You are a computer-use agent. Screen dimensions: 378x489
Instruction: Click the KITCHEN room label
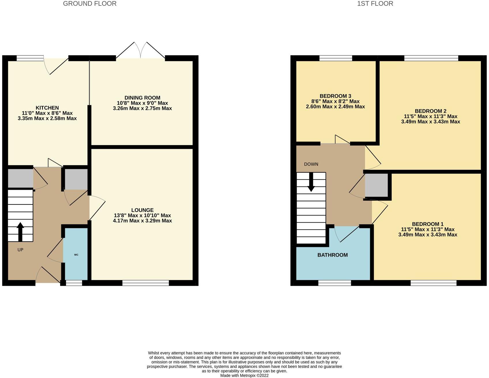coord(47,108)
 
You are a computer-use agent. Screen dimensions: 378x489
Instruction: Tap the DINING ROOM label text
coord(142,98)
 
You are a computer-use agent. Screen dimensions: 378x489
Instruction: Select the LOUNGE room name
coord(142,210)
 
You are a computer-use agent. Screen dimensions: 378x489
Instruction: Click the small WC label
coord(76,255)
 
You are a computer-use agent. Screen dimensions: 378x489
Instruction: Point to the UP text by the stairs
coord(20,250)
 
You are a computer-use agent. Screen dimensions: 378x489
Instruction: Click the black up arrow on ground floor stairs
coord(20,232)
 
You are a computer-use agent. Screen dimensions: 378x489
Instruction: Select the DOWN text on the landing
coord(311,164)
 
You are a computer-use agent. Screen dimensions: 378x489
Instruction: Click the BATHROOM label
coord(332,255)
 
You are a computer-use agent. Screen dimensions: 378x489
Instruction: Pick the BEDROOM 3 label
coord(335,96)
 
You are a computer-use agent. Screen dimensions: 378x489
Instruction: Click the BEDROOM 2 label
coord(430,111)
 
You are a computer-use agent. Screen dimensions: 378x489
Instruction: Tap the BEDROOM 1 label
coord(428,224)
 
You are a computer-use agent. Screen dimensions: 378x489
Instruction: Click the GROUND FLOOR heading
coord(90,4)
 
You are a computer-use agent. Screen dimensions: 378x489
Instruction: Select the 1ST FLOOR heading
coord(375,4)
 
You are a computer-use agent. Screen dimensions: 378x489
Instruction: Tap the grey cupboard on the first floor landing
coord(376,185)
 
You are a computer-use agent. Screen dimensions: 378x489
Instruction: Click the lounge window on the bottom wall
coord(145,283)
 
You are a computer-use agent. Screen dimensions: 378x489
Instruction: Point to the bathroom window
coord(334,283)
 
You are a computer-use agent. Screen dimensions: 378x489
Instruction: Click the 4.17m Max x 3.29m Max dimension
coord(142,221)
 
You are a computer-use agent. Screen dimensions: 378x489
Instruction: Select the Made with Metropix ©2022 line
coord(244,375)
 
